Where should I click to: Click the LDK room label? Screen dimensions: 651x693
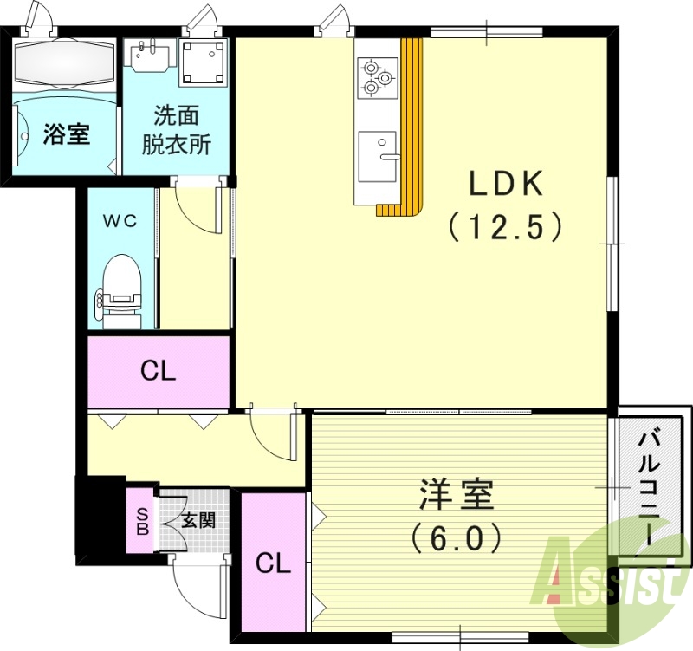[505, 185]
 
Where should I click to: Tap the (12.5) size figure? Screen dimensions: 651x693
[506, 227]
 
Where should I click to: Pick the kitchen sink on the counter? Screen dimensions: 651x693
[379, 157]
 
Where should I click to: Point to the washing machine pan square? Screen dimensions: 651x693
[203, 62]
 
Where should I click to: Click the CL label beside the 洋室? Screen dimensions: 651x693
[273, 563]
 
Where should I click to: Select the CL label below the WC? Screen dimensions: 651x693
[159, 372]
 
